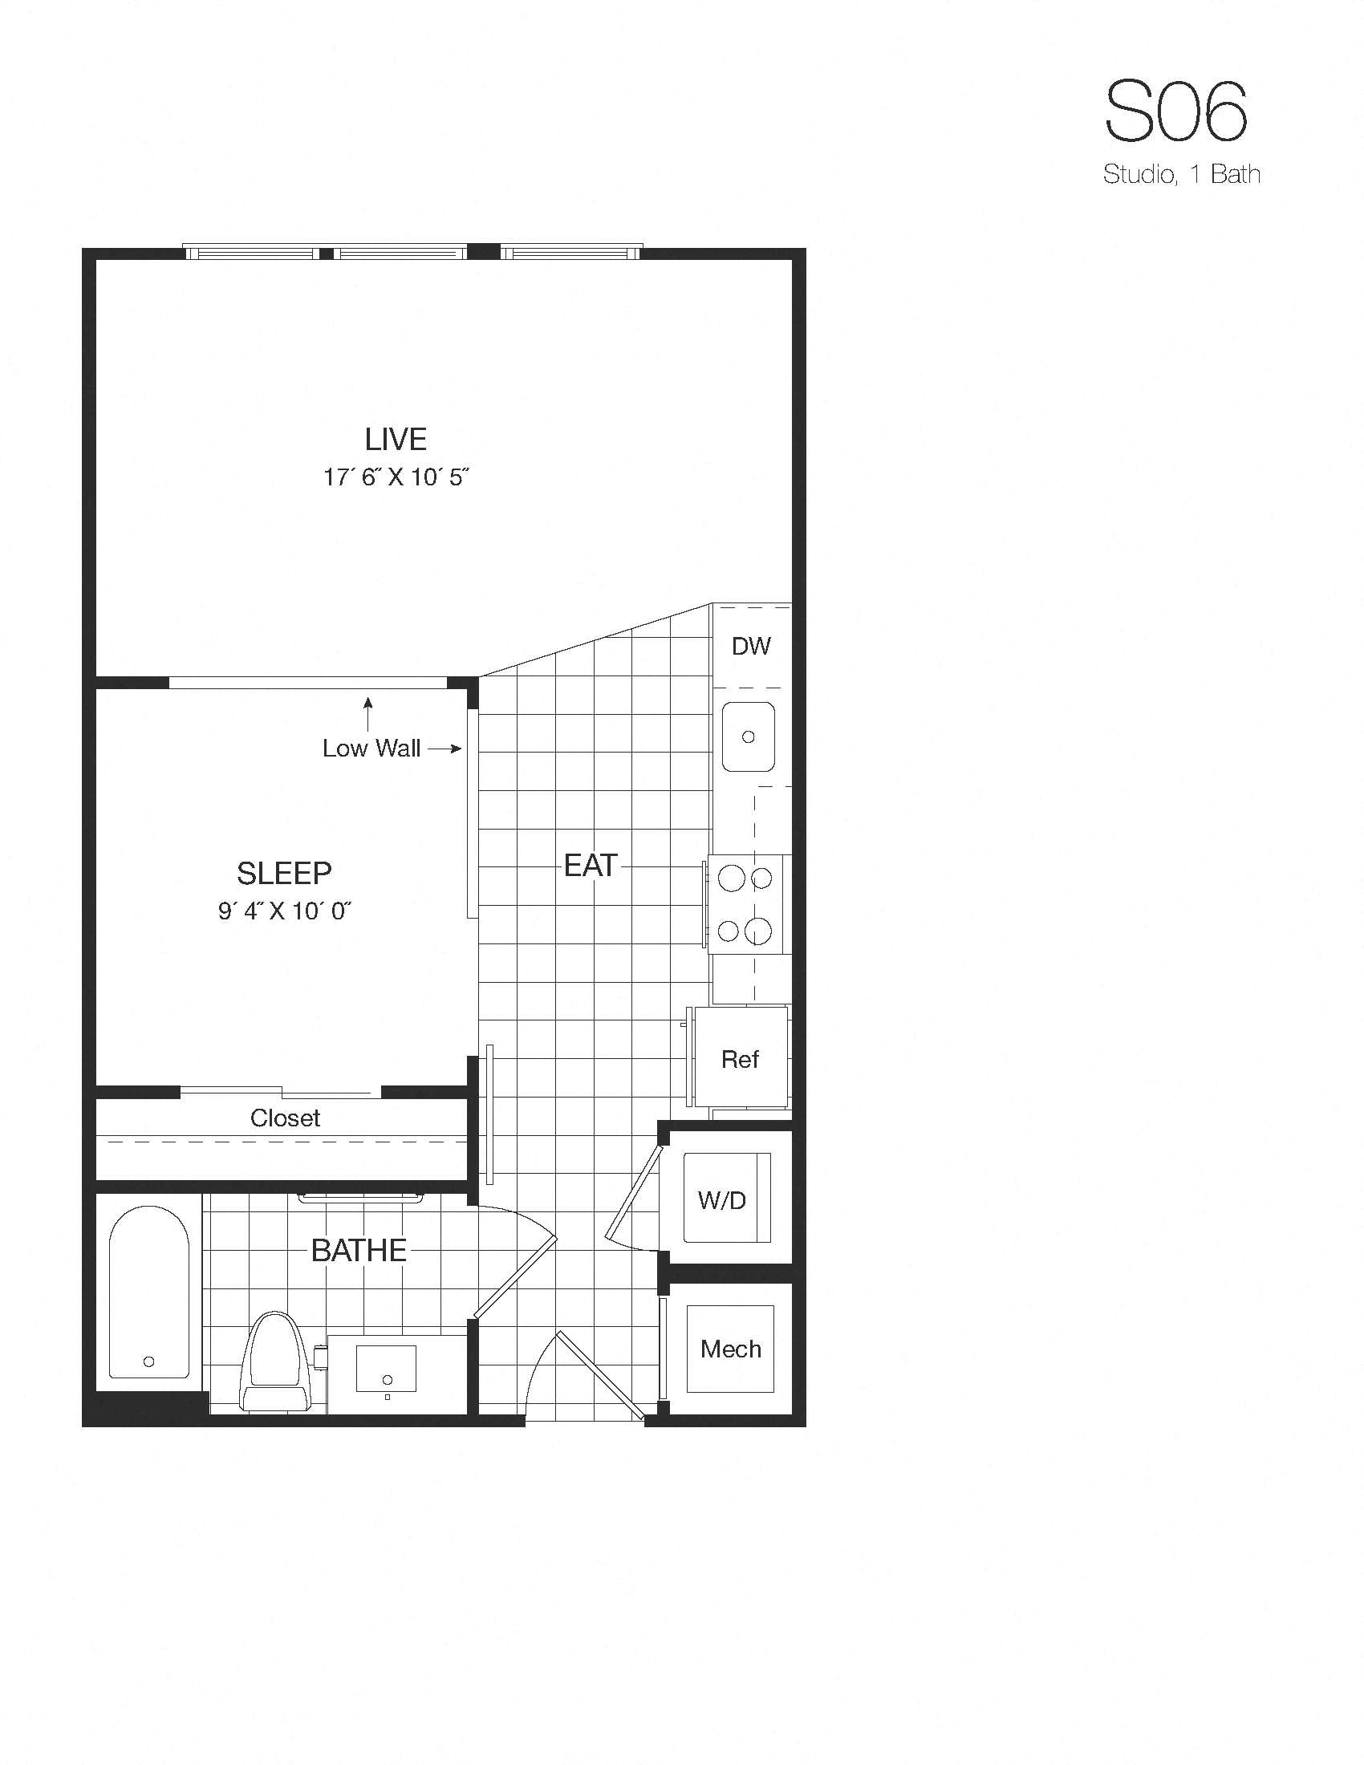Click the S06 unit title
pyautogui.click(x=1175, y=112)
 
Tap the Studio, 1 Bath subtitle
pyautogui.click(x=1181, y=174)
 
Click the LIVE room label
pyautogui.click(x=395, y=439)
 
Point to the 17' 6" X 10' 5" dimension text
pyautogui.click(x=396, y=477)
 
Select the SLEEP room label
pyautogui.click(x=283, y=873)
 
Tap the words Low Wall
pyautogui.click(x=371, y=749)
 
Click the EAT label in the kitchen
pyautogui.click(x=591, y=866)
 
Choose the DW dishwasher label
pyautogui.click(x=751, y=646)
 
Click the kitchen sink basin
pyautogui.click(x=749, y=736)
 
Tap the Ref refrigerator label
pyautogui.click(x=741, y=1059)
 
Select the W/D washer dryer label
pyautogui.click(x=721, y=1200)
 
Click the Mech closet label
pyautogui.click(x=730, y=1349)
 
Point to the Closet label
pyautogui.click(x=285, y=1118)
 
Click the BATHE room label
pyautogui.click(x=359, y=1250)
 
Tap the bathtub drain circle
pyautogui.click(x=148, y=1361)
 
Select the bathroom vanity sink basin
pyautogui.click(x=386, y=1368)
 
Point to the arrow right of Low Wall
pyautogui.click(x=445, y=749)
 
